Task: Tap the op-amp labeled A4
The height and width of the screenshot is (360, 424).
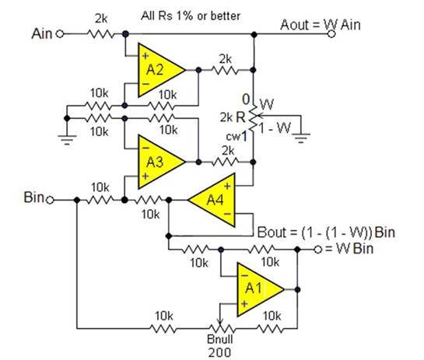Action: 215,200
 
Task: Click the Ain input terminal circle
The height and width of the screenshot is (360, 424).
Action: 60,34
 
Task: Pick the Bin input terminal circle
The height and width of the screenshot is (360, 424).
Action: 50,201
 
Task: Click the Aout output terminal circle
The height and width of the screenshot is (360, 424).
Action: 331,34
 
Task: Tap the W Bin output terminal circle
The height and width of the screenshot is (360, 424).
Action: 318,250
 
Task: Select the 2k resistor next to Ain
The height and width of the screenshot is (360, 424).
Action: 100,34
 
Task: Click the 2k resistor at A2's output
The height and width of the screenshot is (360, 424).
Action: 226,70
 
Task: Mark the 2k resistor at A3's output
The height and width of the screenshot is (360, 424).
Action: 226,163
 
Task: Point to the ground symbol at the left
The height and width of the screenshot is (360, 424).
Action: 67,138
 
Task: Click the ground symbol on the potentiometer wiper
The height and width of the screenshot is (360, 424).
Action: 301,137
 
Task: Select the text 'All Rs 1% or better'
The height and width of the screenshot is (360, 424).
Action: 191,16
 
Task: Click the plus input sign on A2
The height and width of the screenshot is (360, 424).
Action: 145,56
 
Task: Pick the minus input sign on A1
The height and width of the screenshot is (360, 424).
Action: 244,275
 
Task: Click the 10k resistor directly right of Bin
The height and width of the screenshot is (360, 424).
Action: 100,201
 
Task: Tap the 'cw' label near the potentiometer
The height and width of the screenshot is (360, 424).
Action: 233,137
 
